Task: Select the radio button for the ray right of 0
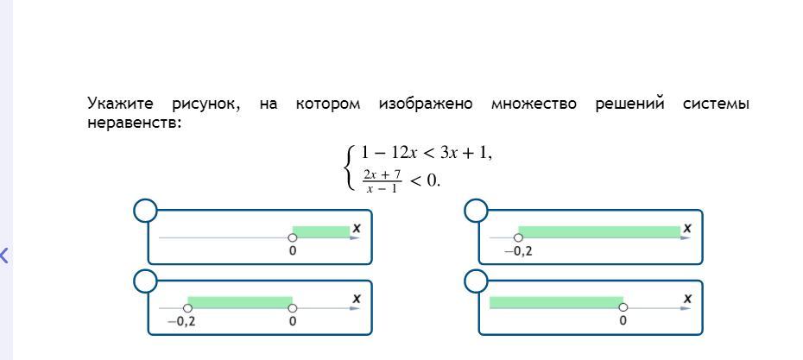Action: point(146,211)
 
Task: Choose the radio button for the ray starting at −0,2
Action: point(477,211)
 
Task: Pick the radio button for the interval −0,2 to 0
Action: point(146,281)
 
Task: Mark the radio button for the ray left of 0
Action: point(477,281)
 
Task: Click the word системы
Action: point(716,104)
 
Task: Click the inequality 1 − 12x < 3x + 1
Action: point(426,153)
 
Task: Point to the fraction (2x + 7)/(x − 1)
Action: point(382,180)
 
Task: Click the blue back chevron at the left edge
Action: point(4,255)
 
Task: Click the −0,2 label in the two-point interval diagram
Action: point(181,321)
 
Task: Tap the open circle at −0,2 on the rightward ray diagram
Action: point(518,237)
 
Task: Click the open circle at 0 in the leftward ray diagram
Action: point(623,307)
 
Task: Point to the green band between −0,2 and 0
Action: point(240,302)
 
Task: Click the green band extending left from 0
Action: point(555,302)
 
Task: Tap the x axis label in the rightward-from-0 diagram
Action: point(357,228)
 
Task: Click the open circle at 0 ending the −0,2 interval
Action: point(293,308)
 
